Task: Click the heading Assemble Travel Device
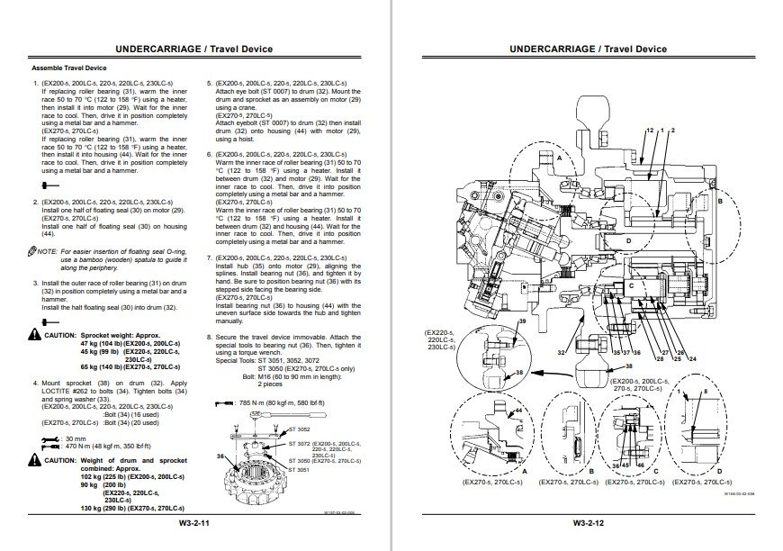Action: click(69, 68)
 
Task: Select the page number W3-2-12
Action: click(588, 522)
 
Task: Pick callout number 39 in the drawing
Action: click(522, 321)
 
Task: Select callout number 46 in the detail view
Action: click(638, 465)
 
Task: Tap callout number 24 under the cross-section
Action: click(693, 359)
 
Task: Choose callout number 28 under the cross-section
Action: click(661, 359)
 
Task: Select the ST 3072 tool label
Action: click(299, 444)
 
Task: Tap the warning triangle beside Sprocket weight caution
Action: click(35, 334)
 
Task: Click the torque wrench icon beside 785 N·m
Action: click(218, 404)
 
